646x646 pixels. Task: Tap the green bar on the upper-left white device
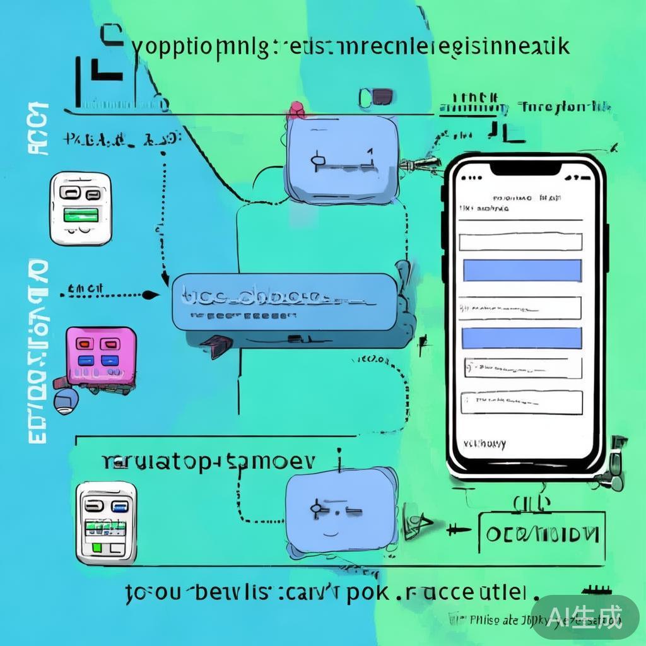click(x=81, y=215)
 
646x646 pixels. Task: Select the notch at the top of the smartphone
click(x=526, y=168)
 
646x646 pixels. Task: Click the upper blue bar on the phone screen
click(x=522, y=270)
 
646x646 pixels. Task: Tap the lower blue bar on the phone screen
click(x=522, y=338)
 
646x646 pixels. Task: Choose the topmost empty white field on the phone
click(x=520, y=242)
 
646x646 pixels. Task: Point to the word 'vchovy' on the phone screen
click(x=484, y=444)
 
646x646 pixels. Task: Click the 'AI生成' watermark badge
click(x=585, y=614)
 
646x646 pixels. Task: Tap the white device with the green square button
click(x=106, y=522)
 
